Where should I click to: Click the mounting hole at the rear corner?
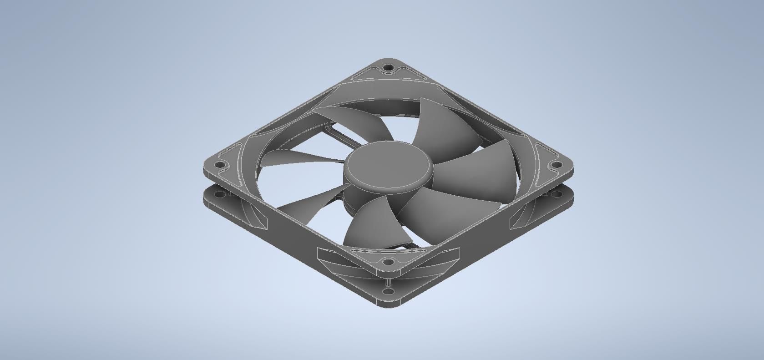[x=388, y=68]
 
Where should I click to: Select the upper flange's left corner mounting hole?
[x=219, y=165]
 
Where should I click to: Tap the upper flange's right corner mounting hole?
[x=555, y=165]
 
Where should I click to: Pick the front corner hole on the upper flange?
[x=388, y=262]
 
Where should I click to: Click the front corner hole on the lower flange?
[x=388, y=291]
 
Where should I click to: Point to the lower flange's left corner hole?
[x=219, y=194]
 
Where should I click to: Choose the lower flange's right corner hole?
[x=556, y=194]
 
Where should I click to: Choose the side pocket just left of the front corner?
[x=346, y=262]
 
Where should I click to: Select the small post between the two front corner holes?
[x=388, y=276]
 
